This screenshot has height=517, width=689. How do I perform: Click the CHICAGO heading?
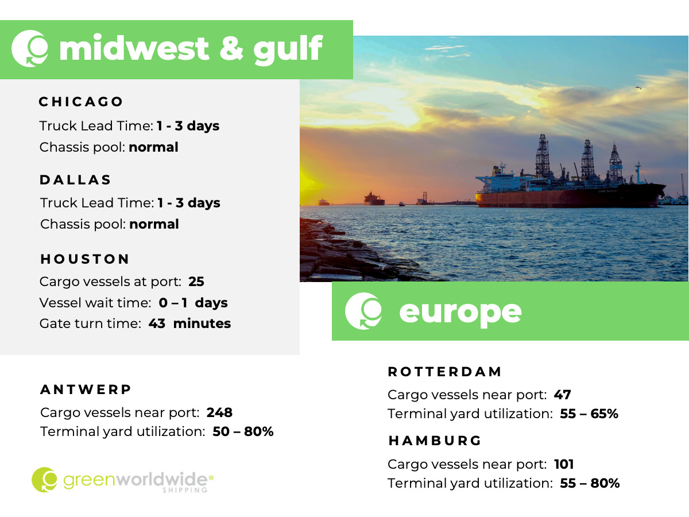(x=81, y=102)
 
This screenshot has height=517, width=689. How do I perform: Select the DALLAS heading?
(x=75, y=180)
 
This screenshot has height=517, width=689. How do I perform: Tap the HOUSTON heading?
(x=85, y=259)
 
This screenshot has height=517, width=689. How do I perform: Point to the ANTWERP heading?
(x=86, y=389)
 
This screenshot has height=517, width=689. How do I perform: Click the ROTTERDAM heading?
(x=445, y=372)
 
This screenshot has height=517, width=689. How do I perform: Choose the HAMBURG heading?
(x=435, y=441)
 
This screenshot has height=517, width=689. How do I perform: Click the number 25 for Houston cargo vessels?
(x=196, y=281)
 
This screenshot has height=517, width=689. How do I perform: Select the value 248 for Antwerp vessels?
(x=219, y=412)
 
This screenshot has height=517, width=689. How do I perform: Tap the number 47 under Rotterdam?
(x=562, y=395)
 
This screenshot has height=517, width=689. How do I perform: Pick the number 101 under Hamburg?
(x=564, y=464)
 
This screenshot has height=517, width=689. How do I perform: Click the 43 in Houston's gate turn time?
(x=157, y=323)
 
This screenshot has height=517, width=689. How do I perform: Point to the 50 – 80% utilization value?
(x=243, y=431)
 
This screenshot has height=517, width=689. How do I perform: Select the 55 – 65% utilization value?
(x=589, y=414)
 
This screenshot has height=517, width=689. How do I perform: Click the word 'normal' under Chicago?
(x=153, y=147)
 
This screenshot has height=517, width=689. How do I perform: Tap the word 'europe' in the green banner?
(x=460, y=312)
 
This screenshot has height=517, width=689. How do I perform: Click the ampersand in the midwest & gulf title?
(x=231, y=48)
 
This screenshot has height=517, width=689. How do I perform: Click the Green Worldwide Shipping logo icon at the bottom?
(x=44, y=480)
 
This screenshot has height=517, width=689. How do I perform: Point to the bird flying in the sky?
(x=638, y=88)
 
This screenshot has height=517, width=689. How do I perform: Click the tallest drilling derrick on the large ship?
(x=543, y=155)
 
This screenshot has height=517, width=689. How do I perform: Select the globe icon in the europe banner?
(x=363, y=311)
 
